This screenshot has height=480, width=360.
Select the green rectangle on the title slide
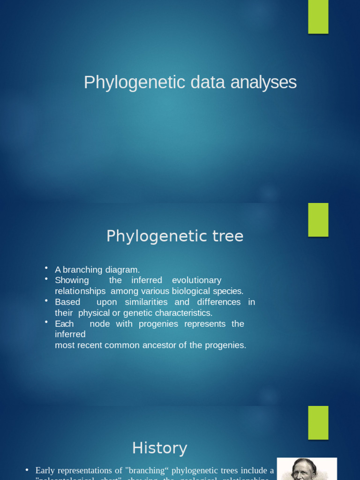(x=318, y=17)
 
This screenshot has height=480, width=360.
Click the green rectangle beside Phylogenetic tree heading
(x=318, y=219)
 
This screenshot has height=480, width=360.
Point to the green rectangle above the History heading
(x=318, y=422)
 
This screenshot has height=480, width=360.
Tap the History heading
(x=159, y=448)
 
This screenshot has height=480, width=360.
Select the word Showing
(x=72, y=280)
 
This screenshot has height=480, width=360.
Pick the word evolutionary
(x=196, y=280)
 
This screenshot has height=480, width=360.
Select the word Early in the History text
(x=45, y=470)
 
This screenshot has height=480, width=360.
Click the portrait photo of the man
(x=307, y=469)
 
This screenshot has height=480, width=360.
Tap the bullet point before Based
(x=46, y=300)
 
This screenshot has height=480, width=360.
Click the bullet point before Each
(x=46, y=322)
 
